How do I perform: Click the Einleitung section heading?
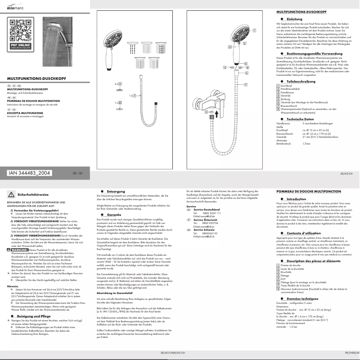294,19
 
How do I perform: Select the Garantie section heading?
114,215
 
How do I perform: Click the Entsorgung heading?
116,191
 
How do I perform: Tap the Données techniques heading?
302,298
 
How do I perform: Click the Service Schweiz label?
202,229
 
